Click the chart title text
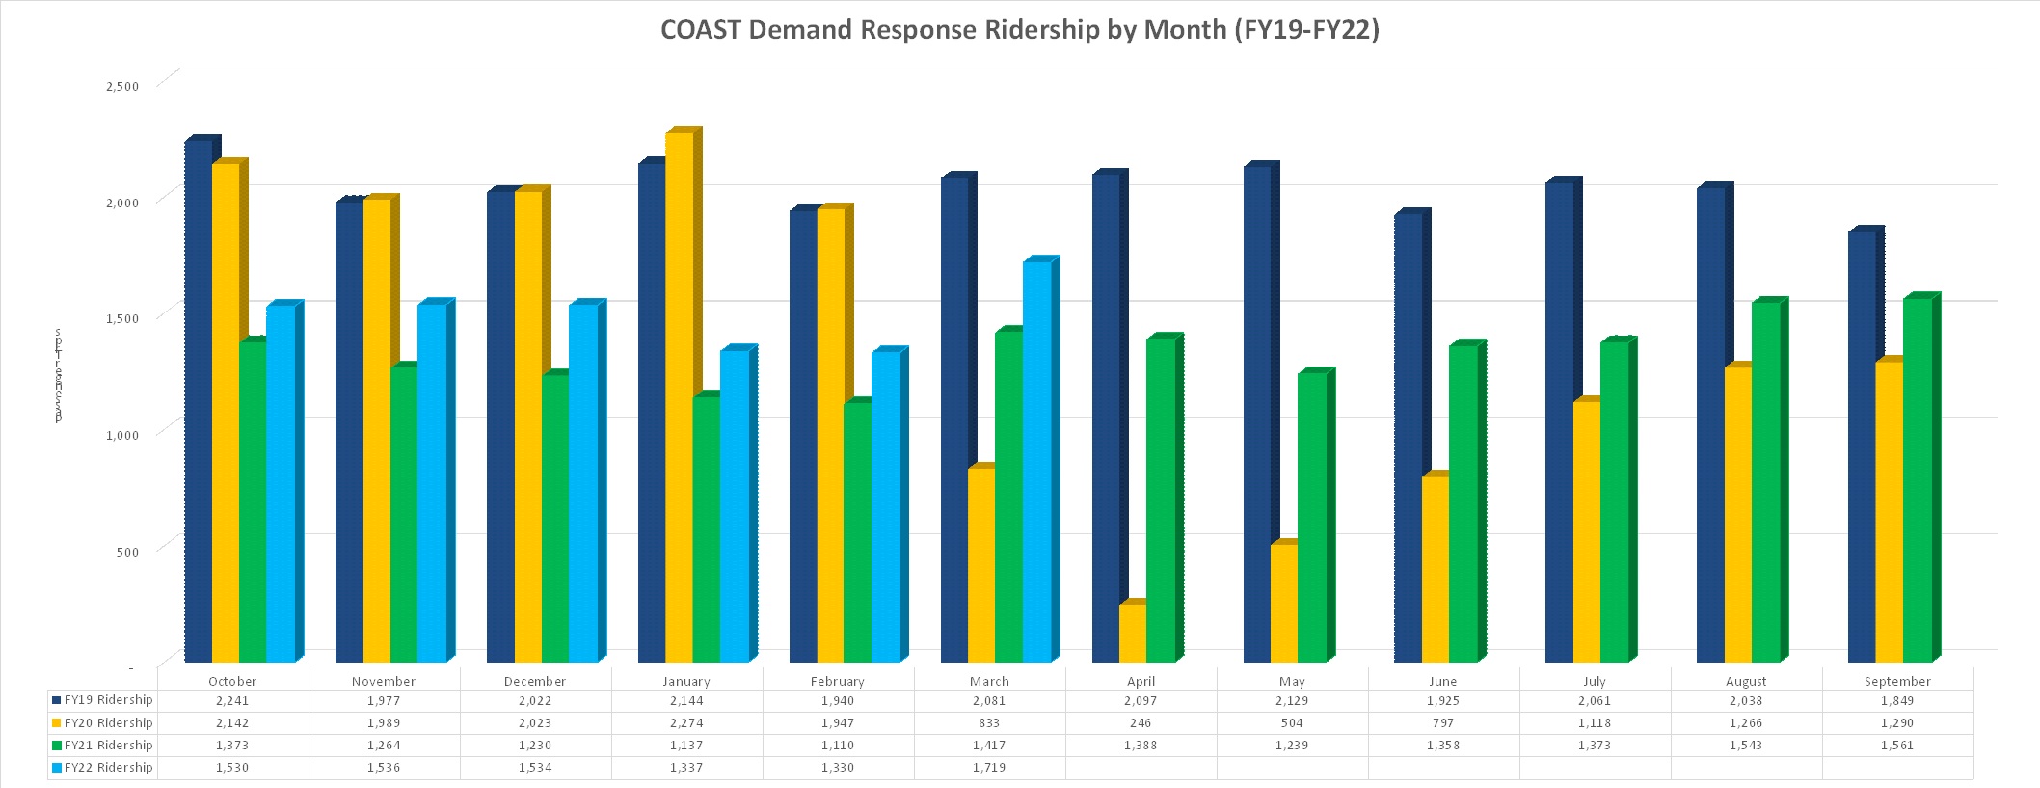click(x=1019, y=30)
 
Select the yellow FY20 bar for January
click(x=679, y=395)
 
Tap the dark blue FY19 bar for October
click(x=199, y=400)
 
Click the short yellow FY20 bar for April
click(x=1133, y=633)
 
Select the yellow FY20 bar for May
click(x=1284, y=603)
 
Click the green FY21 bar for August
click(x=1765, y=482)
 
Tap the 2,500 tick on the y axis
click(x=121, y=86)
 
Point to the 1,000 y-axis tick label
click(x=121, y=435)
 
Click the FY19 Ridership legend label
click(x=108, y=700)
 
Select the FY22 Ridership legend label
click(x=108, y=768)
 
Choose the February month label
click(x=837, y=681)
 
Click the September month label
click(x=1896, y=681)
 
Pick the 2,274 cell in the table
click(x=686, y=723)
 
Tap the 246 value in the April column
click(x=1141, y=723)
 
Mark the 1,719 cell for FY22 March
click(x=989, y=768)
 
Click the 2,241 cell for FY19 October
click(x=232, y=701)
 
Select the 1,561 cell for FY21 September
click(x=1896, y=746)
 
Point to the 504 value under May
click(x=1292, y=723)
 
